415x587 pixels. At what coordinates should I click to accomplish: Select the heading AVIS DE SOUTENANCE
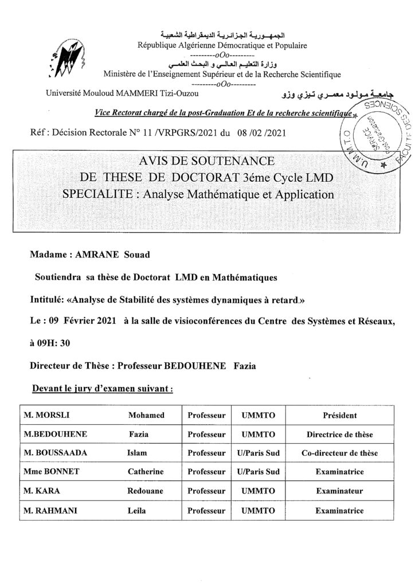(x=207, y=161)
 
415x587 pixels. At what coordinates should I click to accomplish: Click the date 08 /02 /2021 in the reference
(x=261, y=134)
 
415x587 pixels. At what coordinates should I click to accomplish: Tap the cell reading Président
(x=340, y=415)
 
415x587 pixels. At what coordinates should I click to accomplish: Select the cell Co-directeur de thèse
(x=340, y=453)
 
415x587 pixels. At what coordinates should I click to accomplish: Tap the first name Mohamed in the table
(x=147, y=415)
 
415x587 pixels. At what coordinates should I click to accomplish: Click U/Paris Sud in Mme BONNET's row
(x=257, y=472)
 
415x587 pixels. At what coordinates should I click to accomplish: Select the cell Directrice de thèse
(x=340, y=434)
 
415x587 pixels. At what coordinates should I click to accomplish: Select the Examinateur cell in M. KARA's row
(x=340, y=491)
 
